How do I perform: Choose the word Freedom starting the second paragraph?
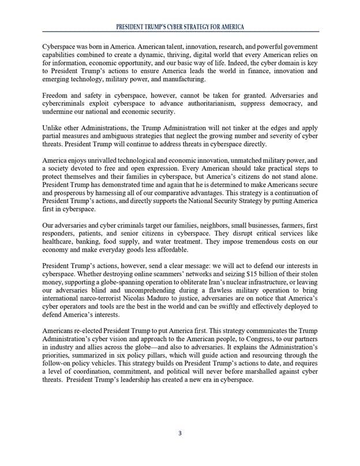click(57, 95)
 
